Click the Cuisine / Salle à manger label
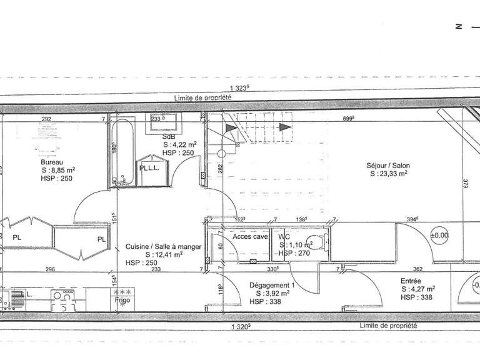click(x=164, y=246)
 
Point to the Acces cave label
click(x=249, y=237)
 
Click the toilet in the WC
click(x=317, y=244)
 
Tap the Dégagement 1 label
click(x=271, y=284)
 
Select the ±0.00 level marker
click(x=440, y=236)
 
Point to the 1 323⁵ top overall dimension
click(x=238, y=87)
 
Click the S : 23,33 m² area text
click(x=387, y=174)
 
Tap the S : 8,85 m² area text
click(x=59, y=169)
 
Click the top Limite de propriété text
click(x=203, y=98)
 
